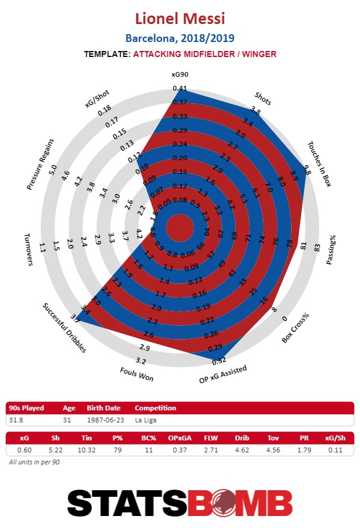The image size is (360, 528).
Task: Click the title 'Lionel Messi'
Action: click(x=180, y=18)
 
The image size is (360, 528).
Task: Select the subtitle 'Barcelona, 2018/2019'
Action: click(x=180, y=38)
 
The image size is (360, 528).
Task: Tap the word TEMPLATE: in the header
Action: click(x=107, y=54)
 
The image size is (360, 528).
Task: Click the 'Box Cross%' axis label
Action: click(x=296, y=328)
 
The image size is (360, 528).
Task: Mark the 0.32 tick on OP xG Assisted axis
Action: click(x=219, y=361)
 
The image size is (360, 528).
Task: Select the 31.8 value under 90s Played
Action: click(x=17, y=420)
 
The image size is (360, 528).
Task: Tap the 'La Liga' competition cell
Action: click(x=146, y=420)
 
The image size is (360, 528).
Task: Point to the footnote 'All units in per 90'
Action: click(x=34, y=463)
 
